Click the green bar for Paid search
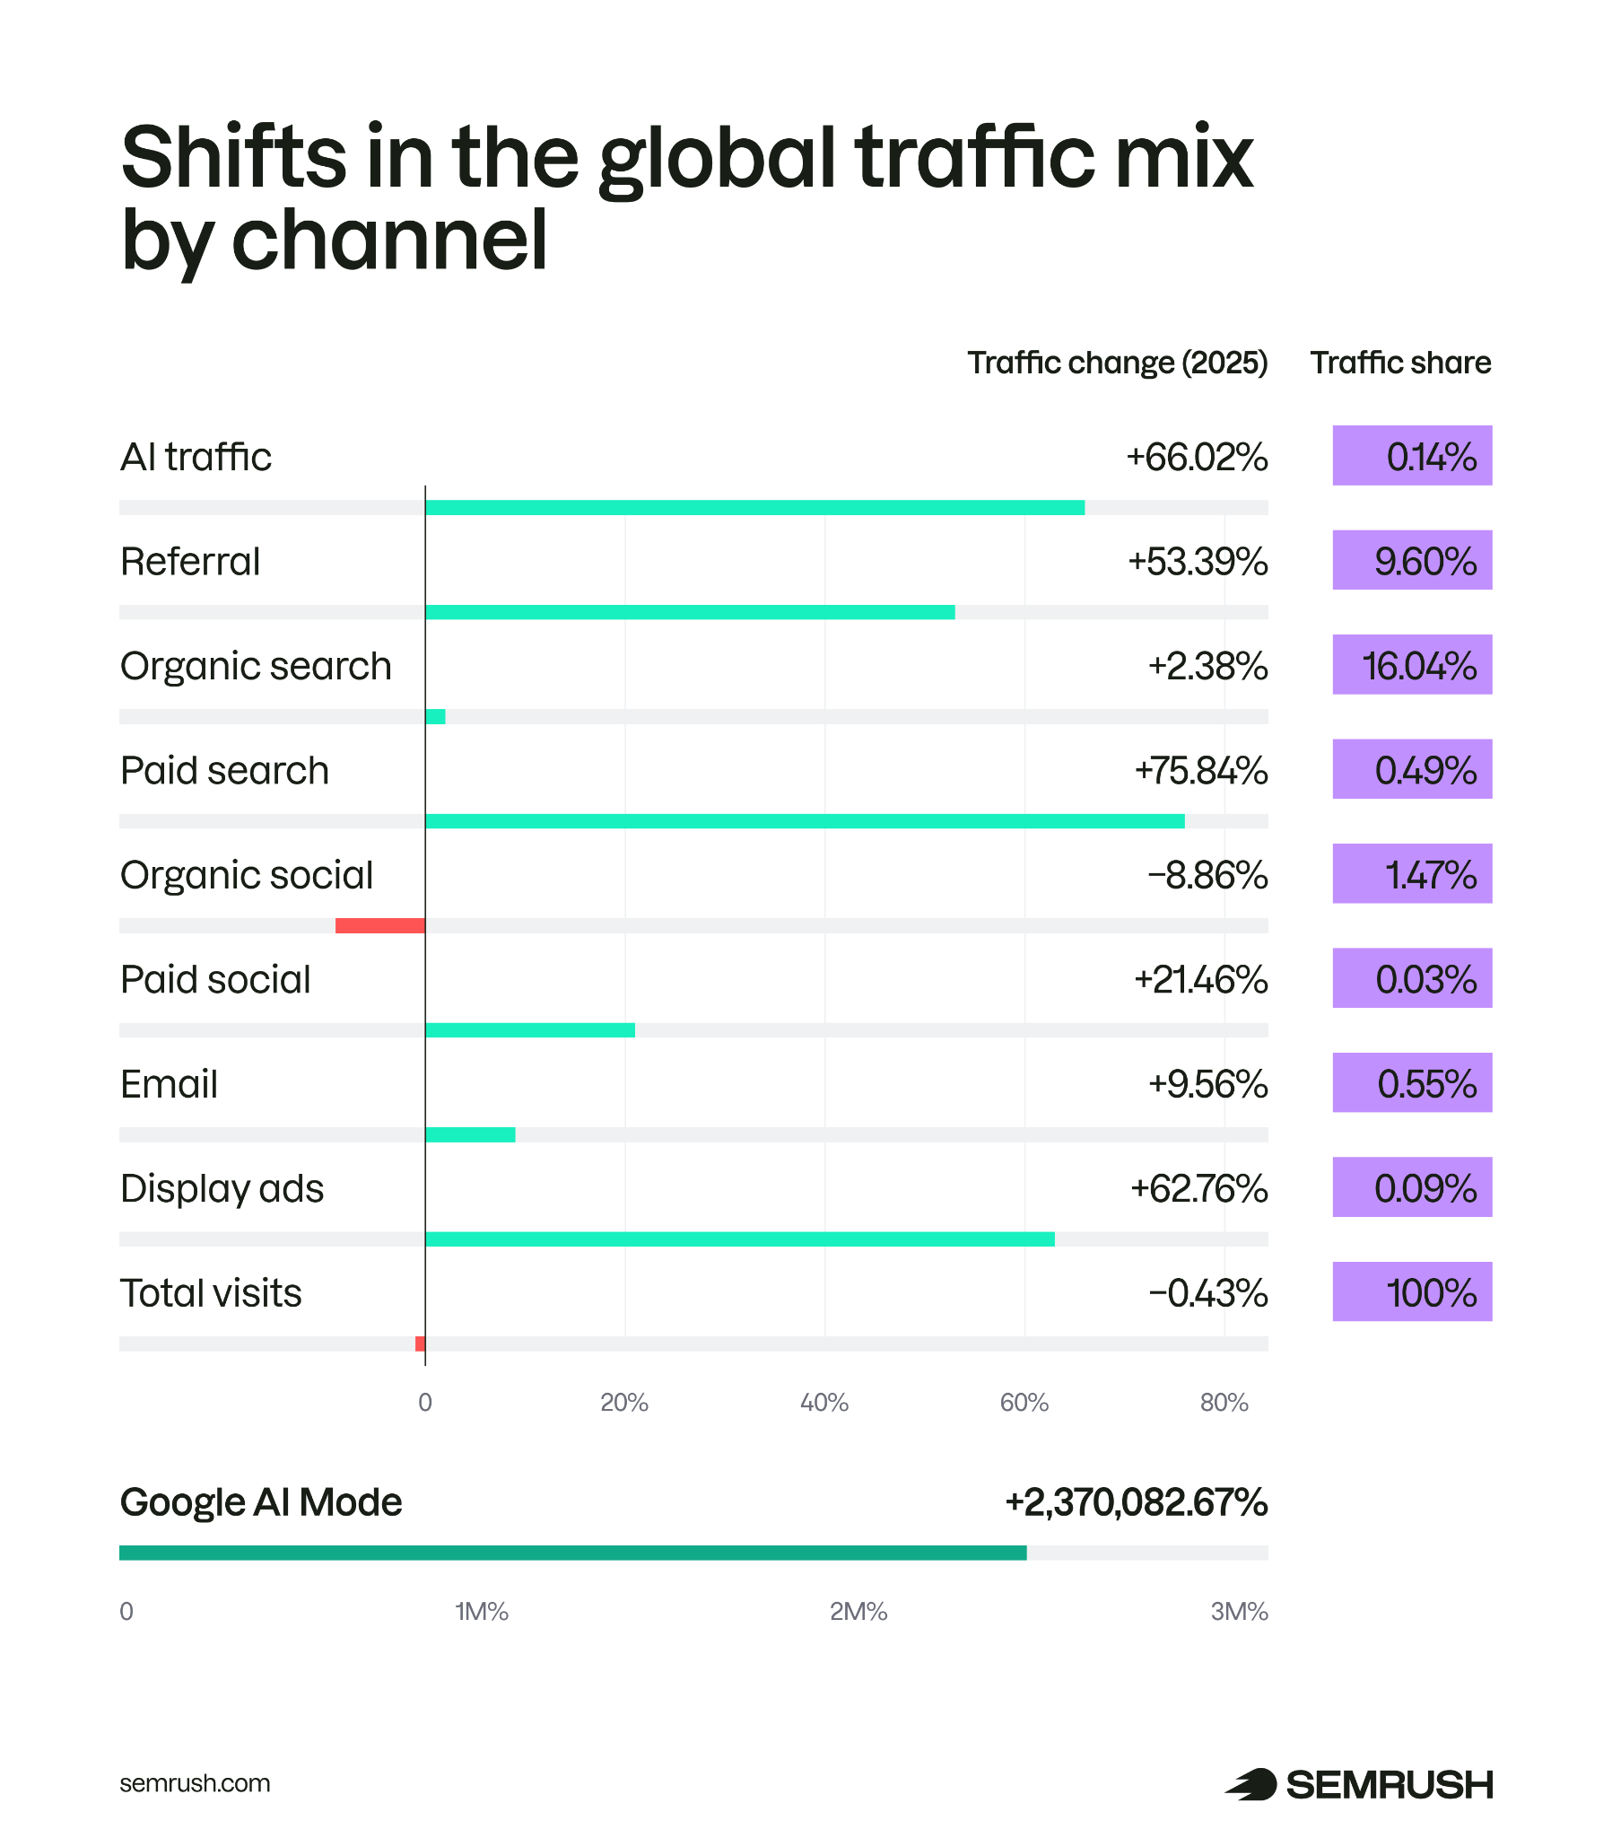pos(804,821)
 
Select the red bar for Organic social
pos(379,925)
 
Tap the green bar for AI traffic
pos(754,508)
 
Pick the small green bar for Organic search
pos(435,717)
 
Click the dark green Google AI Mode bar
pos(572,1553)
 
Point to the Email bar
pos(470,1134)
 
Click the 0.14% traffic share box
pos(1412,456)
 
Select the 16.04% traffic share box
pos(1412,665)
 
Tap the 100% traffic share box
pos(1412,1292)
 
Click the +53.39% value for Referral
pos(1198,562)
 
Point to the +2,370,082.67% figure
pos(1136,1502)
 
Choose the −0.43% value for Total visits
pos(1207,1294)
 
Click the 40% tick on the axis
pos(823,1403)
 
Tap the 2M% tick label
pos(858,1612)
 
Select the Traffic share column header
pos(1399,363)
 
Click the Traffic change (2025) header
pos(1117,363)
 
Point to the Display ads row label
pos(222,1189)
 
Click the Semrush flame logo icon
pos(1250,1784)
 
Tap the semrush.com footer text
pos(194,1784)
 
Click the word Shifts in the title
pos(233,157)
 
